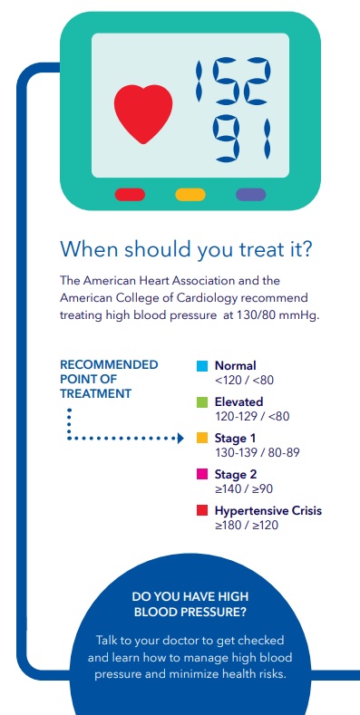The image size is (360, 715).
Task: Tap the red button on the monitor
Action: coord(130,195)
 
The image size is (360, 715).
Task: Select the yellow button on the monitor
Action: coord(190,195)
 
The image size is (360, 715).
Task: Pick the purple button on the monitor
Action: coord(251,195)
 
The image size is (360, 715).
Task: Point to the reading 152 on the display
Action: coord(233,81)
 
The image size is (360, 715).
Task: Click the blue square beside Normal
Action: coord(202,366)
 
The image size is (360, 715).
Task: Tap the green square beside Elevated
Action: coord(202,402)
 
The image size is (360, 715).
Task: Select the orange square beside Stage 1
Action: coord(202,439)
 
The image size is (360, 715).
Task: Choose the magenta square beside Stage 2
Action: coord(202,474)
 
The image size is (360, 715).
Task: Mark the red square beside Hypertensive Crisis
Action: coord(202,511)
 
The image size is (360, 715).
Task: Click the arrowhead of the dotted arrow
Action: coord(180,439)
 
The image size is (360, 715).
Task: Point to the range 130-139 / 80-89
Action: coord(257,452)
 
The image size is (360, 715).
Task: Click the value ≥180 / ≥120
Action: coord(247,525)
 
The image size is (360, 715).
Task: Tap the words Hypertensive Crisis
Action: coord(268,511)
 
